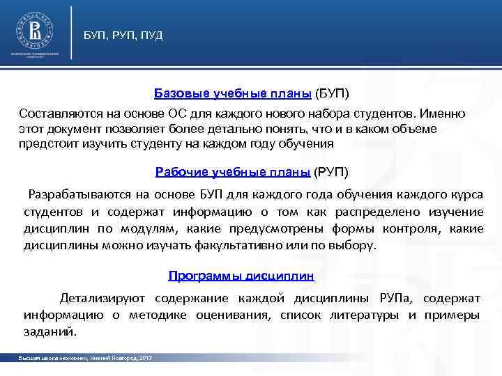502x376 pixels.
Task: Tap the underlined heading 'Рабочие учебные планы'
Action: (234, 172)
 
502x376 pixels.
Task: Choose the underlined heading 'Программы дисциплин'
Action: (241, 276)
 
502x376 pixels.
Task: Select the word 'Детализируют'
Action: (102, 298)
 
